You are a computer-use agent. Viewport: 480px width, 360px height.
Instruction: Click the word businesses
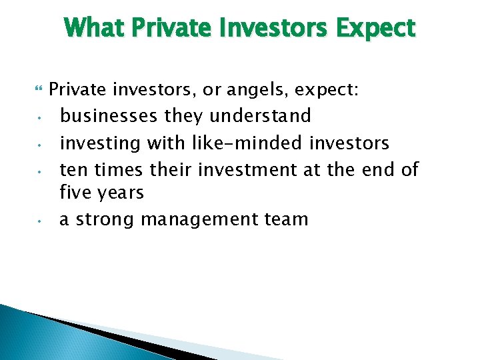pos(109,115)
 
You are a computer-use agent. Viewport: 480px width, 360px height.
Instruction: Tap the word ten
pos(73,169)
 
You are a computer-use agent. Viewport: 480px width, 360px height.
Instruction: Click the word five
pos(75,193)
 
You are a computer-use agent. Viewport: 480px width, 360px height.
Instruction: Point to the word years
pos(119,193)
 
